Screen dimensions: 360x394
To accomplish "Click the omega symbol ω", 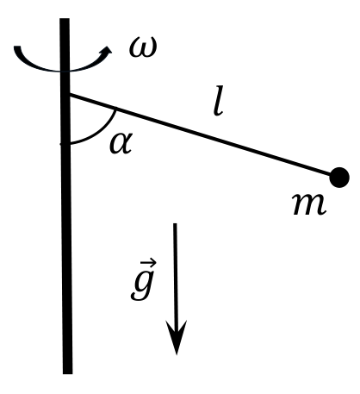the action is tap(143, 47).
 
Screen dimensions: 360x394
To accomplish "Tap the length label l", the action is tap(218, 101).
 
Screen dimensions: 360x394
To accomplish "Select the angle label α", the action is tap(121, 143).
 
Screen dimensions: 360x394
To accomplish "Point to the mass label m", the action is tap(309, 203).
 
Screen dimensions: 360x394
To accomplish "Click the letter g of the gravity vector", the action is tap(141, 286).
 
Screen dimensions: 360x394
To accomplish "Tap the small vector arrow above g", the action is tap(148, 263).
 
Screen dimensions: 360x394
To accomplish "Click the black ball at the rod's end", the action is tap(339, 178).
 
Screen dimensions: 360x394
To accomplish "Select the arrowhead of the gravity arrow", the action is tap(177, 337).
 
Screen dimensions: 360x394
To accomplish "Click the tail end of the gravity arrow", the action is tap(175, 224).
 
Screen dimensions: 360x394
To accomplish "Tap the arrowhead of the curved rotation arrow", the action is tap(107, 51).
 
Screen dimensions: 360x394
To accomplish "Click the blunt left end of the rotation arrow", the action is tap(17, 47).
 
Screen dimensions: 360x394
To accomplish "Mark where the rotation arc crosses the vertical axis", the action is tap(65, 71).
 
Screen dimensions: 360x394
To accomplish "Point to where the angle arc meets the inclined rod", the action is tap(115, 109).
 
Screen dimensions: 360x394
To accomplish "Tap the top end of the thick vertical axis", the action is tap(65, 19).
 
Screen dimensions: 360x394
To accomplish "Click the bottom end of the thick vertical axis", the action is tap(68, 373).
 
